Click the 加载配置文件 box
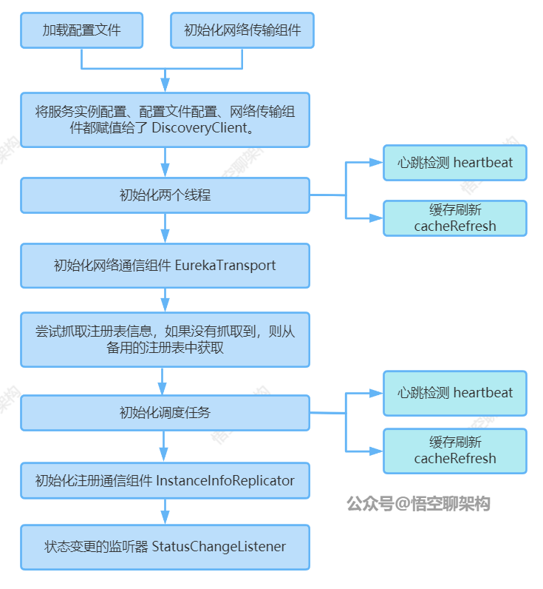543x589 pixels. pos(81,30)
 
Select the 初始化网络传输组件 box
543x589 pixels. pos(242,30)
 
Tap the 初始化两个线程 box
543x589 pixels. pos(165,196)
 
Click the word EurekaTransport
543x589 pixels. pos(225,265)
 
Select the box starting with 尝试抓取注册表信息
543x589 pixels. pos(165,340)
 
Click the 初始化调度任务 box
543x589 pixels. pos(165,413)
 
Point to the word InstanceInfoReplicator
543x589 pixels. pos(225,481)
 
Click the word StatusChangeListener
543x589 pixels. pos(219,548)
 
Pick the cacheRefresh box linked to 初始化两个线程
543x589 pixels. pos(454,218)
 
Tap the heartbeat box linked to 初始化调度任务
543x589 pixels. pos(454,393)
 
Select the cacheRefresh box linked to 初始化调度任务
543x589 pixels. pos(454,451)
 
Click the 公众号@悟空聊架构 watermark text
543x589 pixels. pos(418,504)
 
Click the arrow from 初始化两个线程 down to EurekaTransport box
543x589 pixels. pos(165,229)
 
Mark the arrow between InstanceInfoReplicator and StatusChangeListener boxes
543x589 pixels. pos(165,512)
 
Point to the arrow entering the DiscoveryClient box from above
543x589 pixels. pos(165,81)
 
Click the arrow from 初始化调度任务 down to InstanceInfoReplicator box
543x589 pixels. pos(165,447)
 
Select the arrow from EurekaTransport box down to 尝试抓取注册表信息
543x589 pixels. pos(165,300)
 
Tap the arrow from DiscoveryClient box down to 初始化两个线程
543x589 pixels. pos(165,162)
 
